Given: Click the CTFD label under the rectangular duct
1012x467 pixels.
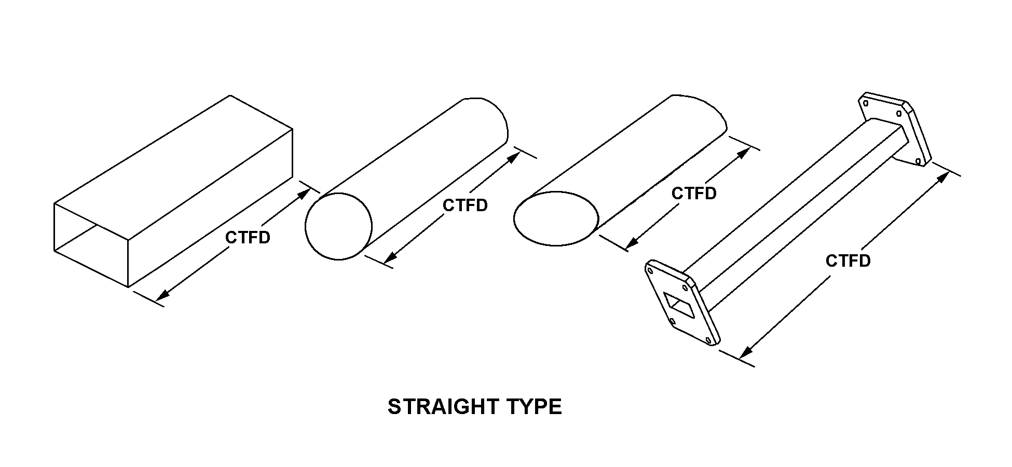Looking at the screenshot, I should coord(248,238).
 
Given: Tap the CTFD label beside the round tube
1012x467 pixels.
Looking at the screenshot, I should coord(465,205).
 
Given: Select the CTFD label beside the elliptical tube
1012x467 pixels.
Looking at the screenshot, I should coord(694,194).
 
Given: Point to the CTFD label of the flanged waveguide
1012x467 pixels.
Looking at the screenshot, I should coord(848,260).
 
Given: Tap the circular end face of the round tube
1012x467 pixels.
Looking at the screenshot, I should coord(338,226).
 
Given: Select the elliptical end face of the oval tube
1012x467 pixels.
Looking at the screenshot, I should coord(556,218).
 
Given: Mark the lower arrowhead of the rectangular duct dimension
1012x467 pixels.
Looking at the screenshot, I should coord(161,297).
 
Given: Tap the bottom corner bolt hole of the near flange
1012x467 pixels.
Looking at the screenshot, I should coord(709,340).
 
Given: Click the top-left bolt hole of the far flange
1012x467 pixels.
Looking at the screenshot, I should coord(866,103).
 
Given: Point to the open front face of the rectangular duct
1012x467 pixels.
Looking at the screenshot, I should coord(91,244).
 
